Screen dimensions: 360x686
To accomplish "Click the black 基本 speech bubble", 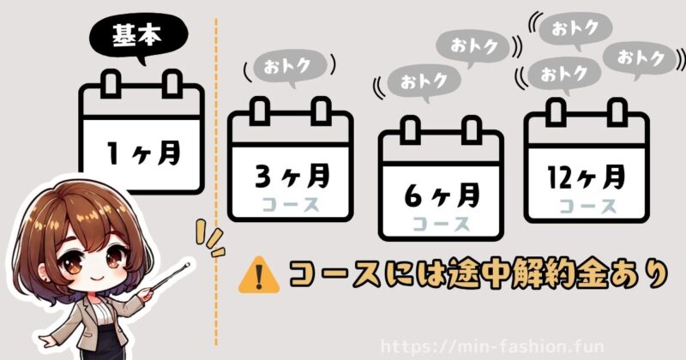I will click(x=127, y=37).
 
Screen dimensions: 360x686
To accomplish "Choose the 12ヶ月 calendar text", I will click(x=587, y=179).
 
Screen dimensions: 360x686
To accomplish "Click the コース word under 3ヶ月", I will click(x=292, y=205).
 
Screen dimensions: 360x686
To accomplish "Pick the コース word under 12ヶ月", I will click(x=587, y=206).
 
